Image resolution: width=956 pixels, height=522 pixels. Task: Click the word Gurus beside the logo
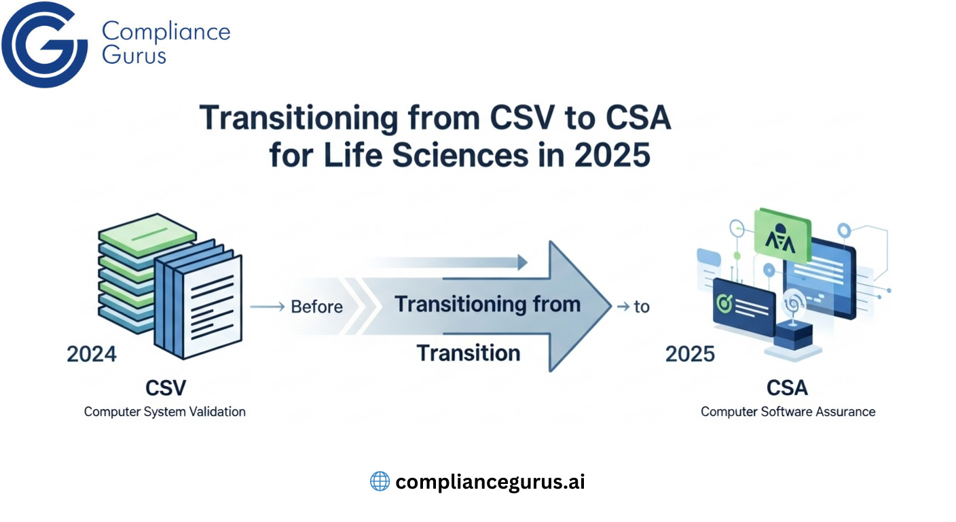(x=134, y=54)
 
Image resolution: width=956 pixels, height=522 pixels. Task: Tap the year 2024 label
(x=92, y=354)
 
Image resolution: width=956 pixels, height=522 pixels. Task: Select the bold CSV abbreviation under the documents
(x=165, y=388)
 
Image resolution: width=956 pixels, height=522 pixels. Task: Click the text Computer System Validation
(x=165, y=411)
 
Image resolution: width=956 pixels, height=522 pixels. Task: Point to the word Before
(x=316, y=307)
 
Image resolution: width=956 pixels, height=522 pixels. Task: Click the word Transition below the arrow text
(x=468, y=353)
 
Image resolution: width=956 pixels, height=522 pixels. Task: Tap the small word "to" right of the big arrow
(x=641, y=307)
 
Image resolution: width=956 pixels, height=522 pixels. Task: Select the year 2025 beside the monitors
(x=690, y=354)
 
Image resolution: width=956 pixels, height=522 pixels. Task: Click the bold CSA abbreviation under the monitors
(x=788, y=388)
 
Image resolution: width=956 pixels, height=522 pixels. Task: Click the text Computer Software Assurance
(x=788, y=411)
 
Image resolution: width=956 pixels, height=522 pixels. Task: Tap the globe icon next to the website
(x=380, y=481)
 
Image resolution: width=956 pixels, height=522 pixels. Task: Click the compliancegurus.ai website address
(x=490, y=482)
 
